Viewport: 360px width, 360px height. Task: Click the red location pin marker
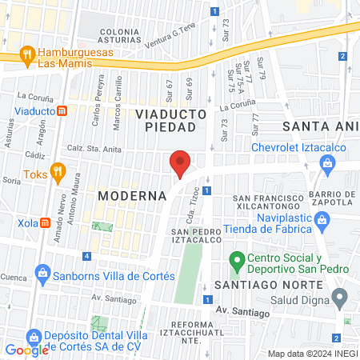180,163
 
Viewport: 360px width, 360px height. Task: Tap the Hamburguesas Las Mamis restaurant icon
27,55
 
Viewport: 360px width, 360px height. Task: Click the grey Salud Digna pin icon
340,299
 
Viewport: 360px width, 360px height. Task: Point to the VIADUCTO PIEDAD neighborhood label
170,120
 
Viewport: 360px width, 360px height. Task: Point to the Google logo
27,350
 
